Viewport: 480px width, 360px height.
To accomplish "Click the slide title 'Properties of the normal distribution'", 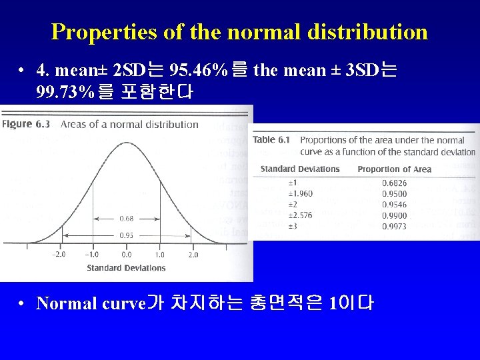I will point(239,31).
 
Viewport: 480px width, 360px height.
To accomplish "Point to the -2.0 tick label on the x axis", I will point(59,255).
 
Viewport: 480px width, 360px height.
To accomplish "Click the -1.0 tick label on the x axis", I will point(92,255).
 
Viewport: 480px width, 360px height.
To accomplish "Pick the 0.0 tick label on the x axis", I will point(126,255).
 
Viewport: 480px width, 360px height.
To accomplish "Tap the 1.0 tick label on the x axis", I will point(160,255).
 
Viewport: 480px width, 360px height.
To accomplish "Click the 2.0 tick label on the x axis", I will point(193,255).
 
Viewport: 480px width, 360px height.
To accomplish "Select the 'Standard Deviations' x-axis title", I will point(126,268).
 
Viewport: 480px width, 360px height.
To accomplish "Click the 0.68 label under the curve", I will point(126,218).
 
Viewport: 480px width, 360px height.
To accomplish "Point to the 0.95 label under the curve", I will point(126,235).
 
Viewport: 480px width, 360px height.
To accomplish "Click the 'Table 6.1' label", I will point(272,140).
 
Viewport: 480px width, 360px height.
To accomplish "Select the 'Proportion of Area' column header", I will point(394,169).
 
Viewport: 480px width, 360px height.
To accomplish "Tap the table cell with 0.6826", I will point(393,183).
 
